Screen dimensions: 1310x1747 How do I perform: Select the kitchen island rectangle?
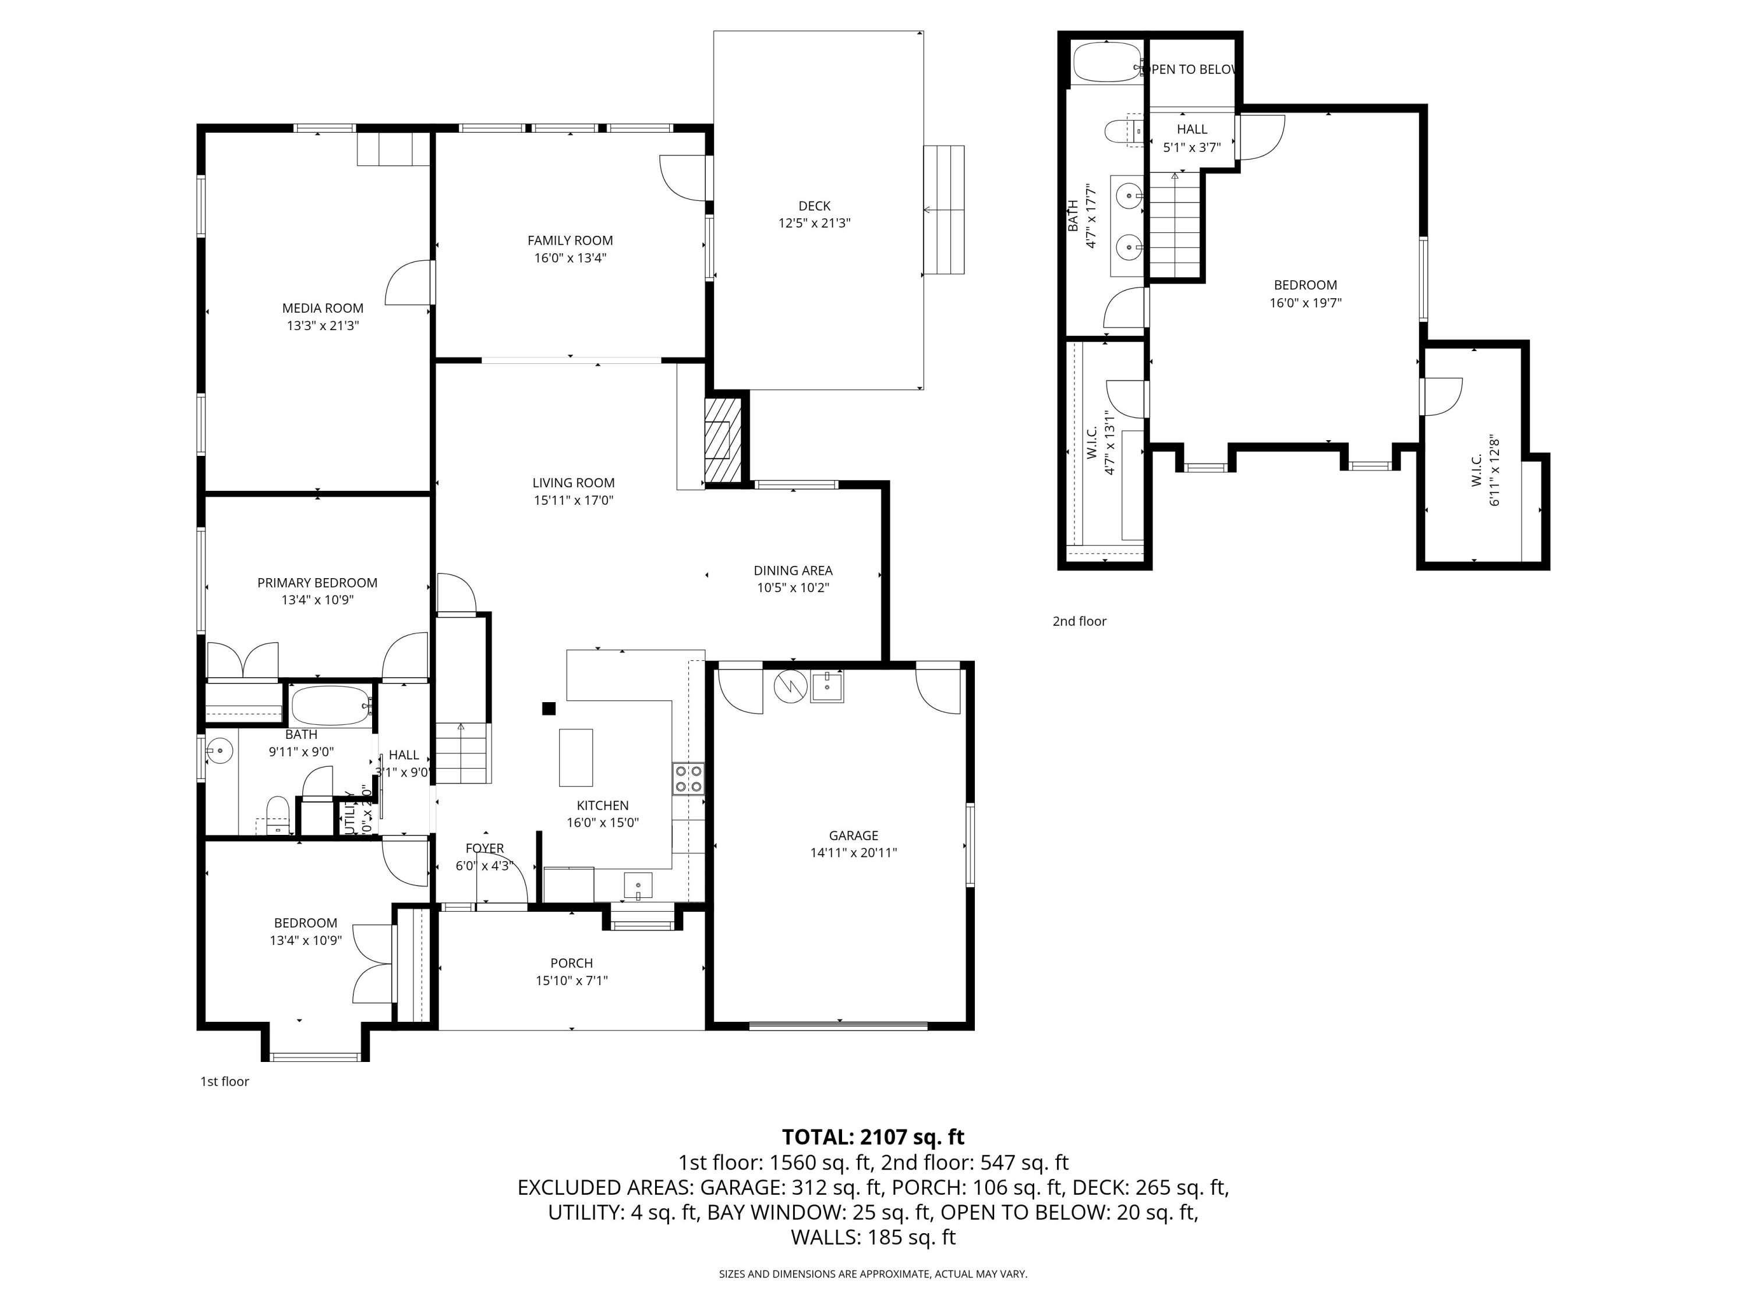click(576, 757)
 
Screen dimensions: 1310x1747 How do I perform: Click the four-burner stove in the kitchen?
click(688, 778)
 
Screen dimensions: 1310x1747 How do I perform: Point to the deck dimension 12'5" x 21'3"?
click(814, 224)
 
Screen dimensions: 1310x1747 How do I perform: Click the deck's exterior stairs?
click(944, 210)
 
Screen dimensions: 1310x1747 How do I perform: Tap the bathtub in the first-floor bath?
click(330, 705)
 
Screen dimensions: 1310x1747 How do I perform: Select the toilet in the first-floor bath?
click(277, 816)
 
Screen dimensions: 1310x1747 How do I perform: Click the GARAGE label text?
click(853, 835)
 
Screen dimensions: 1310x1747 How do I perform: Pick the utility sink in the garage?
click(827, 686)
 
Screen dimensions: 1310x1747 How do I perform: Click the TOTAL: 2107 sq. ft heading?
click(873, 1137)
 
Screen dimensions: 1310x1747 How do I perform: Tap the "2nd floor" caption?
click(1079, 621)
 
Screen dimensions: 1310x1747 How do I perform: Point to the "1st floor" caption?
click(224, 1082)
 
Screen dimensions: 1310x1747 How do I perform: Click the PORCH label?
click(571, 964)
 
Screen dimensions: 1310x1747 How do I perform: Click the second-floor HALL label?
click(1192, 129)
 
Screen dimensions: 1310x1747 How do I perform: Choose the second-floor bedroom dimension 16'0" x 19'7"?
click(1306, 302)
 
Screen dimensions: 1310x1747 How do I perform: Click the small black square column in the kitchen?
click(548, 709)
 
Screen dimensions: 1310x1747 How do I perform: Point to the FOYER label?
click(484, 848)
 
